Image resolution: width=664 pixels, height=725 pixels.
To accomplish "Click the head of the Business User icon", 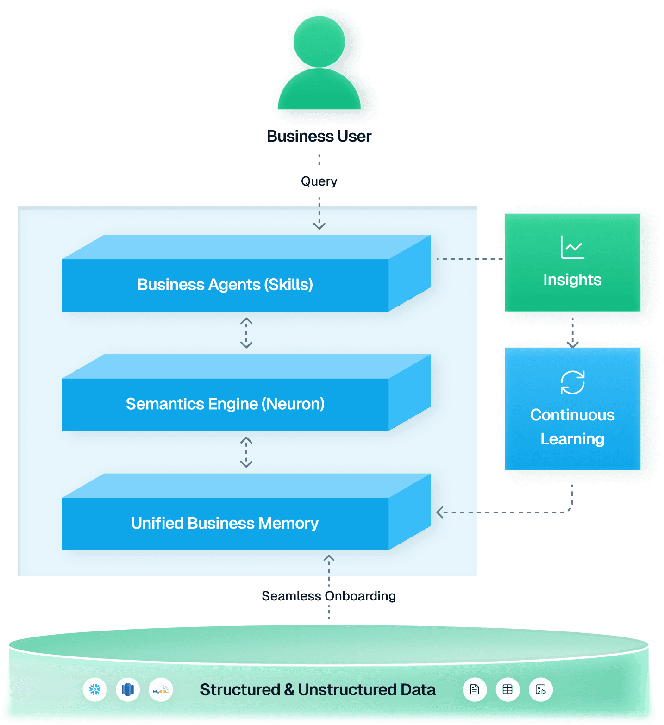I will point(319,41).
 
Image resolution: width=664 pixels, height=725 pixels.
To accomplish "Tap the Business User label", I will point(319,136).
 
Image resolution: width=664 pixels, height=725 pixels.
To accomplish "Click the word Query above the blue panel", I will point(319,181).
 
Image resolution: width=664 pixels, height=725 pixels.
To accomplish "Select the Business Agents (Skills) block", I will point(225,284).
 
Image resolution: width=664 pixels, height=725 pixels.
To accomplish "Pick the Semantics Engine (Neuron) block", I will point(225,404).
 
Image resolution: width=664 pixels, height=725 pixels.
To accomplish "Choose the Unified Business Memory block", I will point(225,523).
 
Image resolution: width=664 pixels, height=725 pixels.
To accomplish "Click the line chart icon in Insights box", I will point(572,248).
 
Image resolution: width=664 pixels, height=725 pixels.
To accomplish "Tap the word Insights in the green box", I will point(572,280).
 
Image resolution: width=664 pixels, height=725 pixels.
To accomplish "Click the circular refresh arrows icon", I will point(572,382).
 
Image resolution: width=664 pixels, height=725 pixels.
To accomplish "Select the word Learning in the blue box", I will point(572,439).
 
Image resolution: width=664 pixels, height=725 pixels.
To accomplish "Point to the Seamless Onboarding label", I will point(328,596).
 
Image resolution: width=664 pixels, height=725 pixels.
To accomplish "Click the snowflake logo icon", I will point(95,690).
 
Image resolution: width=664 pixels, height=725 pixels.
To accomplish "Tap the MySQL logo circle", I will point(161,690).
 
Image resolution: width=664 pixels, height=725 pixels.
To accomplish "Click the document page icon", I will point(475,690).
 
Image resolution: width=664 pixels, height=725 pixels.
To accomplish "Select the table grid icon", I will point(507,690).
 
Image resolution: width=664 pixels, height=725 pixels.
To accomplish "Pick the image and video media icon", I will point(541,690).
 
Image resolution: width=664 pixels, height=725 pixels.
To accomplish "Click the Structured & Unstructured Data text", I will point(318,690).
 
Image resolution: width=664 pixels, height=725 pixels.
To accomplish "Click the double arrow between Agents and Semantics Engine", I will point(246,333).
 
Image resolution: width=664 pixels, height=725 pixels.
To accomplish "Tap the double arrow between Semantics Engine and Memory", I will point(246,452).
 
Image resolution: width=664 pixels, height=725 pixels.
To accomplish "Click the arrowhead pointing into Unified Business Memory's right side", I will point(440,512).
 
